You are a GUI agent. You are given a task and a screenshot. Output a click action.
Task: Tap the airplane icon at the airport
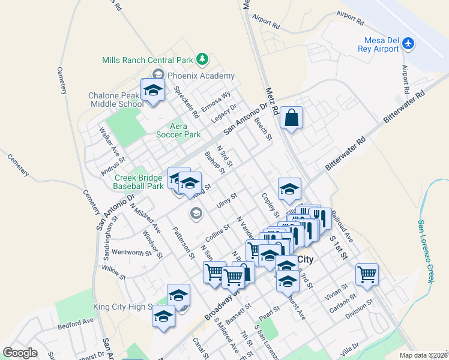(x=409, y=44)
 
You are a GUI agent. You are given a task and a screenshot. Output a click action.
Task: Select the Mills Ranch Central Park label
(x=147, y=60)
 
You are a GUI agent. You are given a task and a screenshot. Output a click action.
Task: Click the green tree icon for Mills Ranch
(x=202, y=59)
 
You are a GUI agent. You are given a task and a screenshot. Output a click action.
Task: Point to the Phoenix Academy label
(x=200, y=76)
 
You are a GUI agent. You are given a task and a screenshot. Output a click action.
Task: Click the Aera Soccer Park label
(x=178, y=130)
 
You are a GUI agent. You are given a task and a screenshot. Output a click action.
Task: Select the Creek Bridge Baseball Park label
(x=139, y=182)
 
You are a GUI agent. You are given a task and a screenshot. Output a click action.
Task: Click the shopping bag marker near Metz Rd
(x=291, y=118)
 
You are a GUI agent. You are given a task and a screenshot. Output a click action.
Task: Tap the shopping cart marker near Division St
(x=367, y=274)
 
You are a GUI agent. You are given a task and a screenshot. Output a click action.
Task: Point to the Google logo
(x=20, y=352)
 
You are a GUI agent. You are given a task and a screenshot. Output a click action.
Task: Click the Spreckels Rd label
(x=185, y=101)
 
